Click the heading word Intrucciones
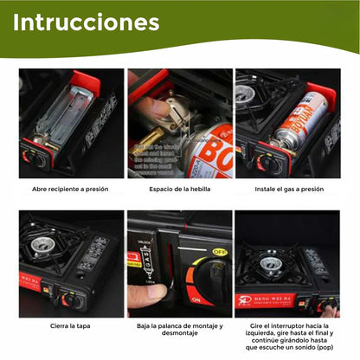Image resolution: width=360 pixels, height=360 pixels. (86, 21)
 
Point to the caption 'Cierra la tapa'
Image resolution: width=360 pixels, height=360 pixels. (71, 326)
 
